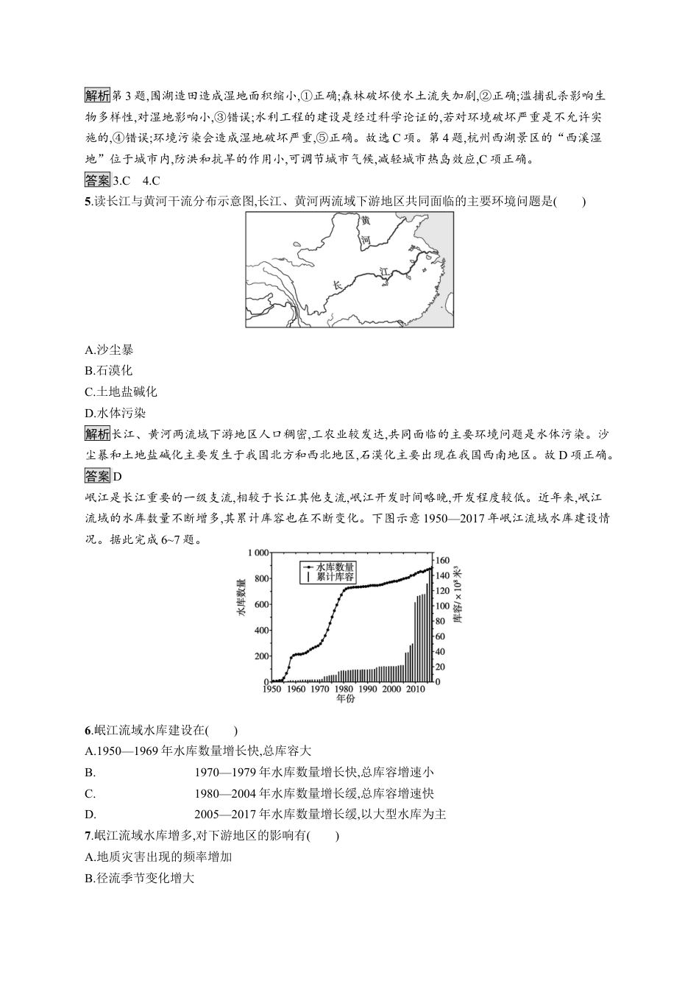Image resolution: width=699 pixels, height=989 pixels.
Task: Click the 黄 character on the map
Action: click(366, 221)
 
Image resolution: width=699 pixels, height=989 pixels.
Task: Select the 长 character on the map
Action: click(338, 285)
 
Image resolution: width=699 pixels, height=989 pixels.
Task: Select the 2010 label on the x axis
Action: click(416, 689)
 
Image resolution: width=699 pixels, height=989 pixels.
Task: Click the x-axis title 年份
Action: click(345, 698)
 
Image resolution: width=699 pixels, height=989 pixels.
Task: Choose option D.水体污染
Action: click(110, 413)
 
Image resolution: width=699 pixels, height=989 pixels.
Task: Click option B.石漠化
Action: click(109, 371)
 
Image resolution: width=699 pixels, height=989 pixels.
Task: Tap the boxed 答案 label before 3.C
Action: click(98, 180)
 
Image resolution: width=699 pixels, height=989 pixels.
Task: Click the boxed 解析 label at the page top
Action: click(98, 96)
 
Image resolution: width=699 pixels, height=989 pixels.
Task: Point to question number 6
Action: click(88, 731)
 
